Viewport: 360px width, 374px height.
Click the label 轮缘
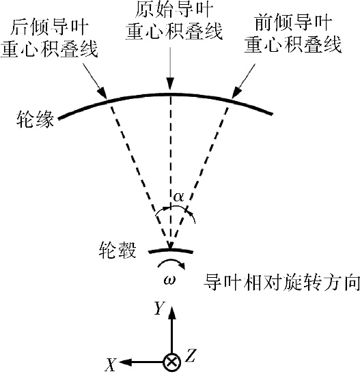35,119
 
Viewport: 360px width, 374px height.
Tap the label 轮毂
117,250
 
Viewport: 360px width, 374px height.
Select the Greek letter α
178,197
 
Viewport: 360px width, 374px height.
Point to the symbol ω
169,279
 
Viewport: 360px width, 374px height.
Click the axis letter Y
160,308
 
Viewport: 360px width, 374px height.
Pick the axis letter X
111,364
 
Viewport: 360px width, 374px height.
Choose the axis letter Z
191,355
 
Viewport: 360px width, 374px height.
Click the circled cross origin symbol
171,362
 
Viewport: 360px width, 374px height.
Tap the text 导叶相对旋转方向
281,282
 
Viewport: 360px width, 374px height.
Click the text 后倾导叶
49,28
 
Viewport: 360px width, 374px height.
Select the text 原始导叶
174,10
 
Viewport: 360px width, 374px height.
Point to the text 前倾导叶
293,23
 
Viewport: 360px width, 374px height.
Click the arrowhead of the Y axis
171,313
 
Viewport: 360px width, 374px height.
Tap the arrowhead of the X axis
125,362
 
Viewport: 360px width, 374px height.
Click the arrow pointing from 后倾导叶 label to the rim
94,81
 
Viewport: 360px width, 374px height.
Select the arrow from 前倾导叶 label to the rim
243,81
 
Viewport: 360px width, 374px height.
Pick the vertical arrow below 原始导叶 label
170,68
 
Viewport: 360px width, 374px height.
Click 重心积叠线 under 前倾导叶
293,44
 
